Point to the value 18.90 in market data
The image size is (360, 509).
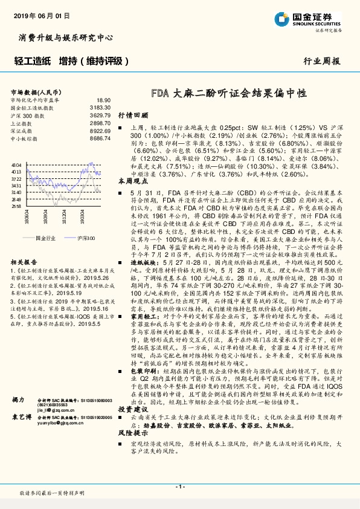[103, 100]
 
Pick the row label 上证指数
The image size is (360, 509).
[24, 123]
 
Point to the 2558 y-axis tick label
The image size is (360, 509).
[16, 206]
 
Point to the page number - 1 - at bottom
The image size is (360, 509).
[179, 487]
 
